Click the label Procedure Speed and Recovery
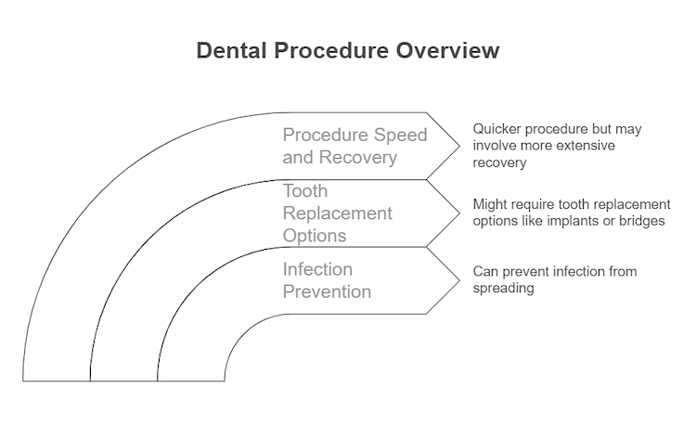pyautogui.click(x=354, y=146)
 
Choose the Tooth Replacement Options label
pyautogui.click(x=337, y=213)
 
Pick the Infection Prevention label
pyautogui.click(x=327, y=280)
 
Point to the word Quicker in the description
pyautogui.click(x=499, y=129)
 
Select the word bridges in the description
pyautogui.click(x=641, y=220)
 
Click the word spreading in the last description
pyautogui.click(x=501, y=288)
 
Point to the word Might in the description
pyautogui.click(x=490, y=203)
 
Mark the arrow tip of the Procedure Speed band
pyautogui.click(x=458, y=146)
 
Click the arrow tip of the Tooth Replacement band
pyautogui.click(x=458, y=213)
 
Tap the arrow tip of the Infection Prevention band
pyautogui.click(x=458, y=280)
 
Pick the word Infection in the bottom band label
pyautogui.click(x=317, y=269)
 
